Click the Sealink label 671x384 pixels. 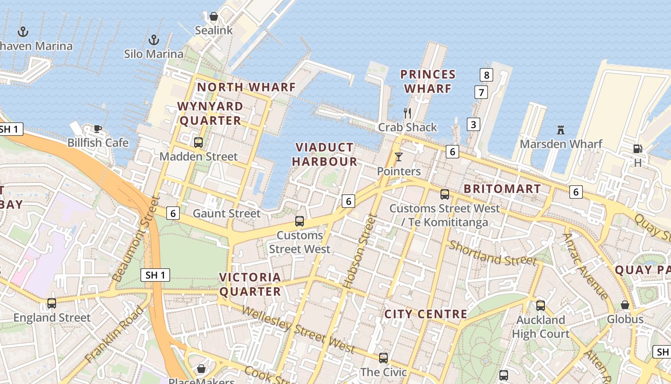click(214, 30)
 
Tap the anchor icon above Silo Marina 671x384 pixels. click(154, 39)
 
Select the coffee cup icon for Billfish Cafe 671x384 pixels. click(98, 129)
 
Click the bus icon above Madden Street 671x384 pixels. click(198, 142)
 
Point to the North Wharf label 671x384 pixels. click(246, 87)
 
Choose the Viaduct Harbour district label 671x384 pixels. click(324, 155)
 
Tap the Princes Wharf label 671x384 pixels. click(428, 82)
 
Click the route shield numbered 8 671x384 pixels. click(486, 75)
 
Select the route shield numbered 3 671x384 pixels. click(474, 124)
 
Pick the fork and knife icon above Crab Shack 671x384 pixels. click(407, 113)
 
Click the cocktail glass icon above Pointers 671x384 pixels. click(398, 157)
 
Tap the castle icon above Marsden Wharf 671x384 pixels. click(561, 130)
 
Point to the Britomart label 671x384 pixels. click(502, 189)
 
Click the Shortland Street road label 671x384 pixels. click(492, 253)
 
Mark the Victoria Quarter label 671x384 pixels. click(250, 284)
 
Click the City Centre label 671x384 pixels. click(426, 314)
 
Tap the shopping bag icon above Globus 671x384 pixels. click(625, 305)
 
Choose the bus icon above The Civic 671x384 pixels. click(383, 358)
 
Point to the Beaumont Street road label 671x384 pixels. click(135, 239)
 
